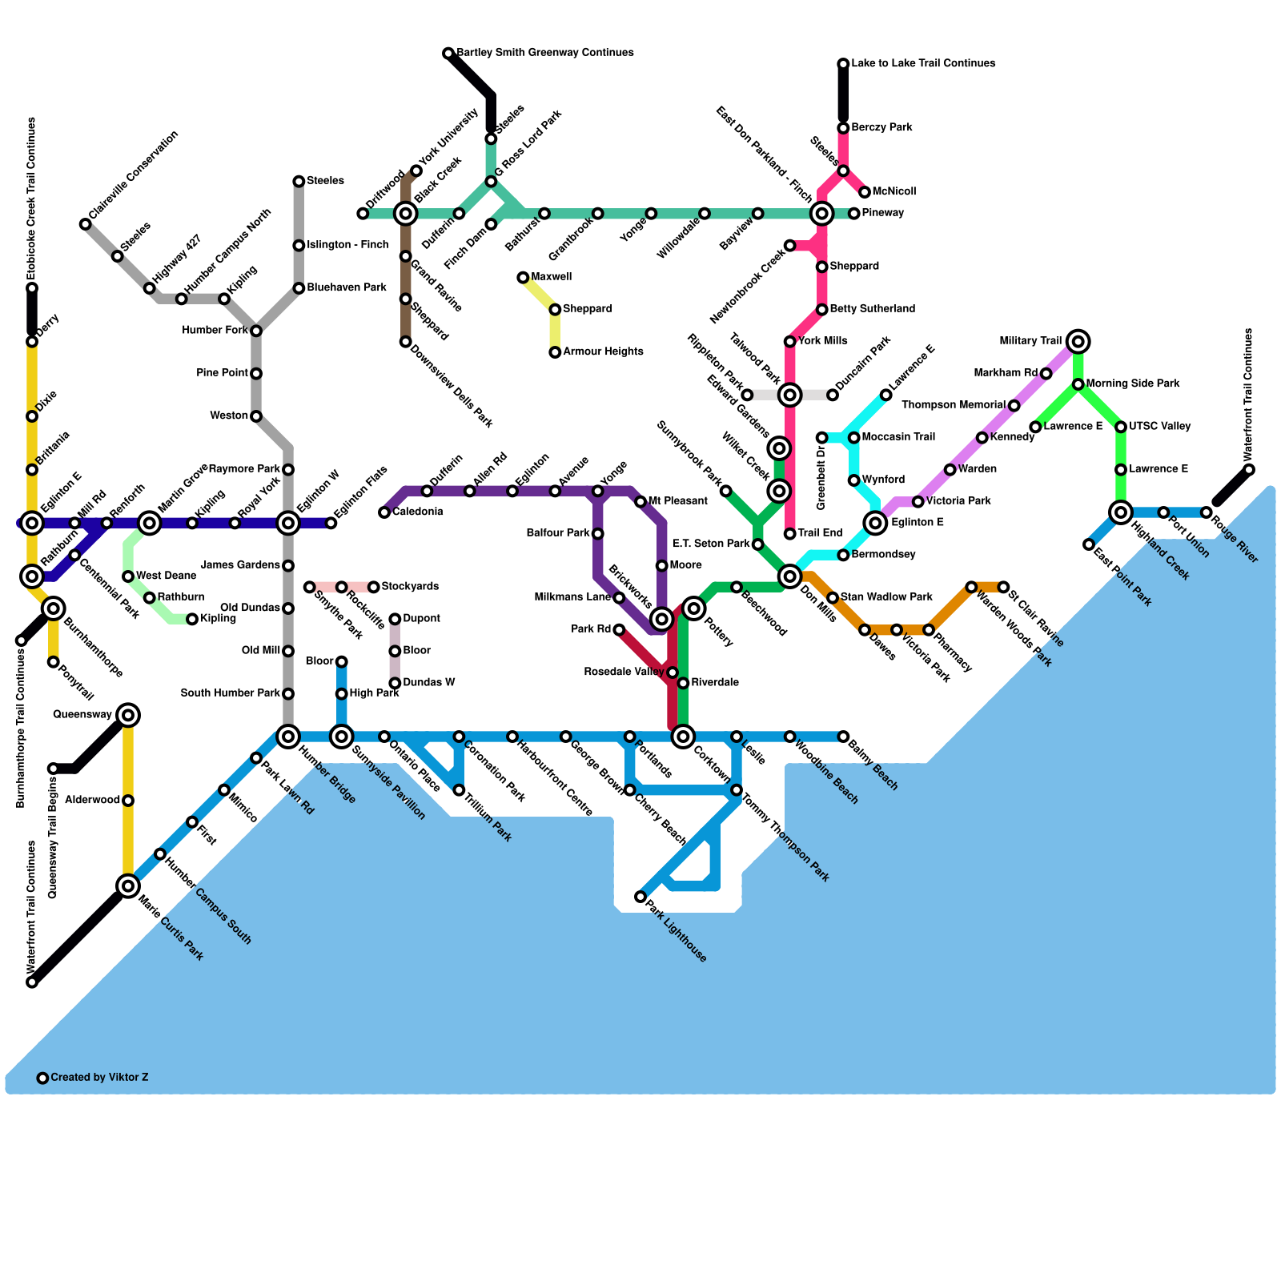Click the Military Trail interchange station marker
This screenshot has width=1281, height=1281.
1078,342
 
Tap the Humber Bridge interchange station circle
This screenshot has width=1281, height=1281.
288,737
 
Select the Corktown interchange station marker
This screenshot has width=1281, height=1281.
683,737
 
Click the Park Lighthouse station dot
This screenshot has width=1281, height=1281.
640,897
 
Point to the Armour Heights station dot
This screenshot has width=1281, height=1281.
555,352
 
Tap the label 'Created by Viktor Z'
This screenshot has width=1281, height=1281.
99,1078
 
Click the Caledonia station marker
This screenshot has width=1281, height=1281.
384,512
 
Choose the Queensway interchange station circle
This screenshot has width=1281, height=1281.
128,715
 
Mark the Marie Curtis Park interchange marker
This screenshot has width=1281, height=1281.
128,885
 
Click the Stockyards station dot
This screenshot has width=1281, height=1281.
374,588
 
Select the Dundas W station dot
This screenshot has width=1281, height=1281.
395,683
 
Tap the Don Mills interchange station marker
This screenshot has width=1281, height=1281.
790,576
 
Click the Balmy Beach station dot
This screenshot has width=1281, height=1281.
843,737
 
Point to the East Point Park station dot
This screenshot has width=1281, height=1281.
1089,544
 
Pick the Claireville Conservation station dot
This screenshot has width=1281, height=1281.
86,224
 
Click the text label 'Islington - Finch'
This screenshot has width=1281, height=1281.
347,245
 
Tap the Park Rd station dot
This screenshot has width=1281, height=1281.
619,630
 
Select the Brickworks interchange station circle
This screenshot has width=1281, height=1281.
661,619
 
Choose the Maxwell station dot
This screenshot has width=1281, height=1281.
523,278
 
